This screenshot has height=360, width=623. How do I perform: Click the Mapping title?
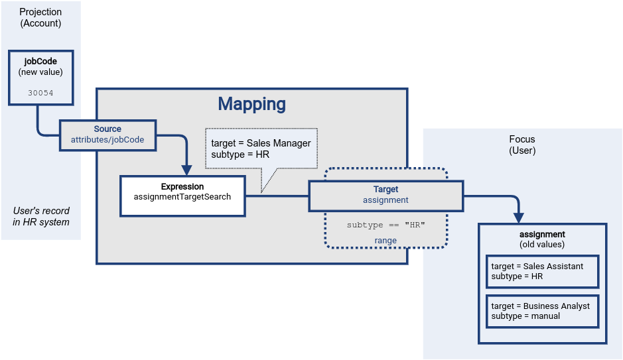tap(252, 104)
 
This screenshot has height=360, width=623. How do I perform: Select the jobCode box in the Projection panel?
tap(41, 77)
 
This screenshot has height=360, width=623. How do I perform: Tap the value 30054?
tap(41, 93)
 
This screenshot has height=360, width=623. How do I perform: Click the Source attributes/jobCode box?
tap(107, 135)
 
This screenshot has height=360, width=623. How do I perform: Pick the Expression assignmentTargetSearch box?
tap(182, 196)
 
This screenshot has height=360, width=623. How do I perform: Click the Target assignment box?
tap(385, 195)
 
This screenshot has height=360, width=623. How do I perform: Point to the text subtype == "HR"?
tap(385, 225)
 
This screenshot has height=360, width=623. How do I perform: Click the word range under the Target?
tap(385, 241)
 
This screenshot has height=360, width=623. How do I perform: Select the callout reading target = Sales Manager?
tap(261, 149)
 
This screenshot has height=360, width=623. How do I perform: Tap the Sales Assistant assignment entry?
tap(542, 271)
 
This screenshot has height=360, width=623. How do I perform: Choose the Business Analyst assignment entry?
tap(542, 311)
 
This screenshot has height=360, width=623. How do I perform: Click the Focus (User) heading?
tap(521, 145)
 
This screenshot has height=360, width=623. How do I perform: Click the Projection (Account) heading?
tap(40, 17)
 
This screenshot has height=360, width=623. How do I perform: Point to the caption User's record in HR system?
tap(41, 216)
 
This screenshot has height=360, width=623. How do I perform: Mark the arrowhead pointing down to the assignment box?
tap(519, 217)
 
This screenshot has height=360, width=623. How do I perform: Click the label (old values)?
tap(542, 245)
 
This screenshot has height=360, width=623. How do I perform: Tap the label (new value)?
tap(41, 72)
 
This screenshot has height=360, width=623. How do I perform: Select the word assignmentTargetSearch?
tap(182, 197)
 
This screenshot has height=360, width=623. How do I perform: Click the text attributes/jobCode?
tap(107, 140)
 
